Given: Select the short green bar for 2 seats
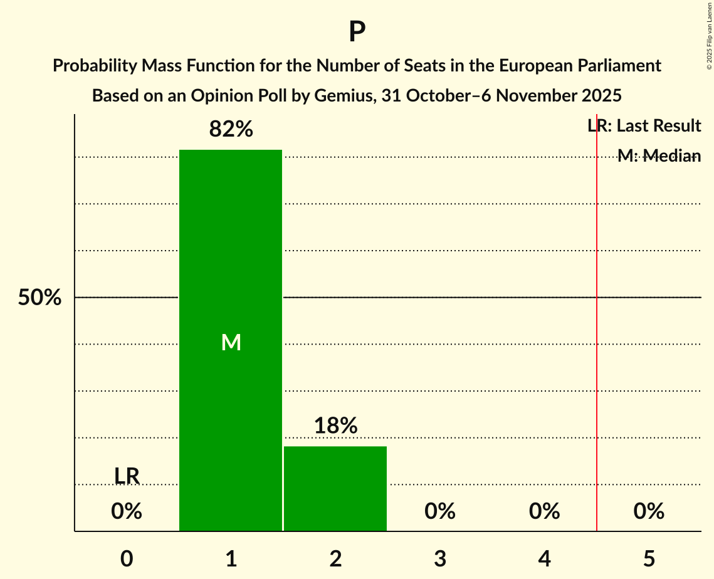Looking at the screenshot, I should coord(335,489).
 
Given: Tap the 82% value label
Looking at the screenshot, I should coord(231,130).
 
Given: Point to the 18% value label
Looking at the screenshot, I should coord(335,426).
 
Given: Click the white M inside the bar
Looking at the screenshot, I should coord(231,342).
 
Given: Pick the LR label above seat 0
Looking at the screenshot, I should coord(127,476).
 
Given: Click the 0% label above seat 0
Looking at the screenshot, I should coord(127,511).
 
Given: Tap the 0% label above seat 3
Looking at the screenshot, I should coord(440,511).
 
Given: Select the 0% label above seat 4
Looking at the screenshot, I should coord(544,511).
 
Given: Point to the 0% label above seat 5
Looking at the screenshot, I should coord(649,511).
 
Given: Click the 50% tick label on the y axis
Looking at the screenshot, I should coord(39,298).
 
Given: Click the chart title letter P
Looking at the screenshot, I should coord(357,32).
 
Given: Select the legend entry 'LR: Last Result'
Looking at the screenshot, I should coord(644,126).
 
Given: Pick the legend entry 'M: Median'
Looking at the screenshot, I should coord(659,156).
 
